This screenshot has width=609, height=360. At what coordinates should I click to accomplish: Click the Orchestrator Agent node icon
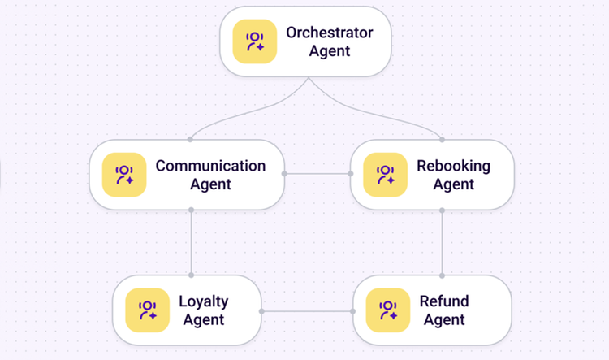255,41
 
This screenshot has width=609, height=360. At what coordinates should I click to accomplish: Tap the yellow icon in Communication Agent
124,175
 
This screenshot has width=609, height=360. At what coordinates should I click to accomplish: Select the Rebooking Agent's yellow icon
385,175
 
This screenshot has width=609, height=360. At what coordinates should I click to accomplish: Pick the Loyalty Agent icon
148,310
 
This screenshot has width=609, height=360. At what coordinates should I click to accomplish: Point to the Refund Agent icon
388,310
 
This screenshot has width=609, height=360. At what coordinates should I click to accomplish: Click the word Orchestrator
330,33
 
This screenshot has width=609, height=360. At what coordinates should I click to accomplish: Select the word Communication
210,166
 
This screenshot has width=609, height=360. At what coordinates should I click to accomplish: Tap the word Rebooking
454,166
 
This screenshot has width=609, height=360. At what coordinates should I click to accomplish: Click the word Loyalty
204,301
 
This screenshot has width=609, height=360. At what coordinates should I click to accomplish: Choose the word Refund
444,301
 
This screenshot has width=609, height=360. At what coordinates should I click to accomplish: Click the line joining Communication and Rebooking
317,174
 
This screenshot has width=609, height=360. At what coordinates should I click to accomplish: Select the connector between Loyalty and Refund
307,311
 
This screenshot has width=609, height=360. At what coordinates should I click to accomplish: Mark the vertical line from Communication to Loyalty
191,243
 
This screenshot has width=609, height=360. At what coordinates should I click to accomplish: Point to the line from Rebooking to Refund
442,243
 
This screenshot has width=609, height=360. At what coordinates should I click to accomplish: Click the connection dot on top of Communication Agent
190,140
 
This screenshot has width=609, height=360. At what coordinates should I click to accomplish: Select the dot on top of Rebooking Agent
442,140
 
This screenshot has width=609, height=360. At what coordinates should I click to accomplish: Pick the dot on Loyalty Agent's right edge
261,311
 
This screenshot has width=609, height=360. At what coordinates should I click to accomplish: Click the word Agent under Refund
444,320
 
